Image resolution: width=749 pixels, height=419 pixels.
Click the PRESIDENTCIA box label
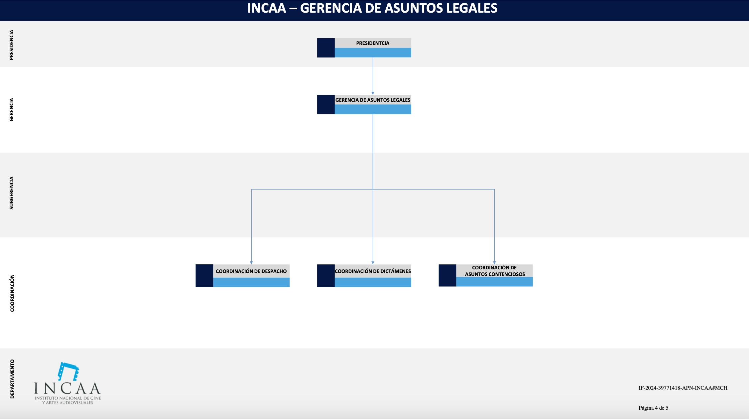click(373, 43)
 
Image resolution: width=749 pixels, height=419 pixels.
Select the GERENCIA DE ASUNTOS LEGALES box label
click(373, 100)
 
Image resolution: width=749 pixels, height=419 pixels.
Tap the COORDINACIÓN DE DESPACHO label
click(251, 271)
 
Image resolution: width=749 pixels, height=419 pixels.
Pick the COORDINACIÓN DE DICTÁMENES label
click(373, 271)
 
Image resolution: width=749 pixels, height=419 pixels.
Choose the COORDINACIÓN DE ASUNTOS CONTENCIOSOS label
click(495, 271)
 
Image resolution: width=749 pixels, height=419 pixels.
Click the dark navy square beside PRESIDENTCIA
click(326, 48)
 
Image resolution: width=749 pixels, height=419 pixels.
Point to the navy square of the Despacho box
click(204, 276)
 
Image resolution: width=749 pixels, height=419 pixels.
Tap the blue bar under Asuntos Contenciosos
click(494, 282)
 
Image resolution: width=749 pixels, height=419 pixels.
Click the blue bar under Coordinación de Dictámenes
click(373, 282)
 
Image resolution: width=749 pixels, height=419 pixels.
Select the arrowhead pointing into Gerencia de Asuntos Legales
click(373, 93)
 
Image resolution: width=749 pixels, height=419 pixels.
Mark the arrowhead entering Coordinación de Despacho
click(251, 263)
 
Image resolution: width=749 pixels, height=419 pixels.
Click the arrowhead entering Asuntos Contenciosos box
click(494, 263)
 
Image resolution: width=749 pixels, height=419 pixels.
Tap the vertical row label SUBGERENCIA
click(12, 193)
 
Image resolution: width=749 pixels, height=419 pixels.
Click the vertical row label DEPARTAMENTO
click(12, 379)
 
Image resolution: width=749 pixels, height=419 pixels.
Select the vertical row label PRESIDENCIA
click(12, 45)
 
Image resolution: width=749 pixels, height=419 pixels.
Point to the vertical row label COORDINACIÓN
click(12, 293)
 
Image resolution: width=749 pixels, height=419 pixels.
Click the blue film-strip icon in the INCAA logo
click(68, 371)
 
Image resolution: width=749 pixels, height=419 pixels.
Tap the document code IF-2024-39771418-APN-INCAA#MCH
click(683, 388)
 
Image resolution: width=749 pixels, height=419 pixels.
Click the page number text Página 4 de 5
click(653, 408)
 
